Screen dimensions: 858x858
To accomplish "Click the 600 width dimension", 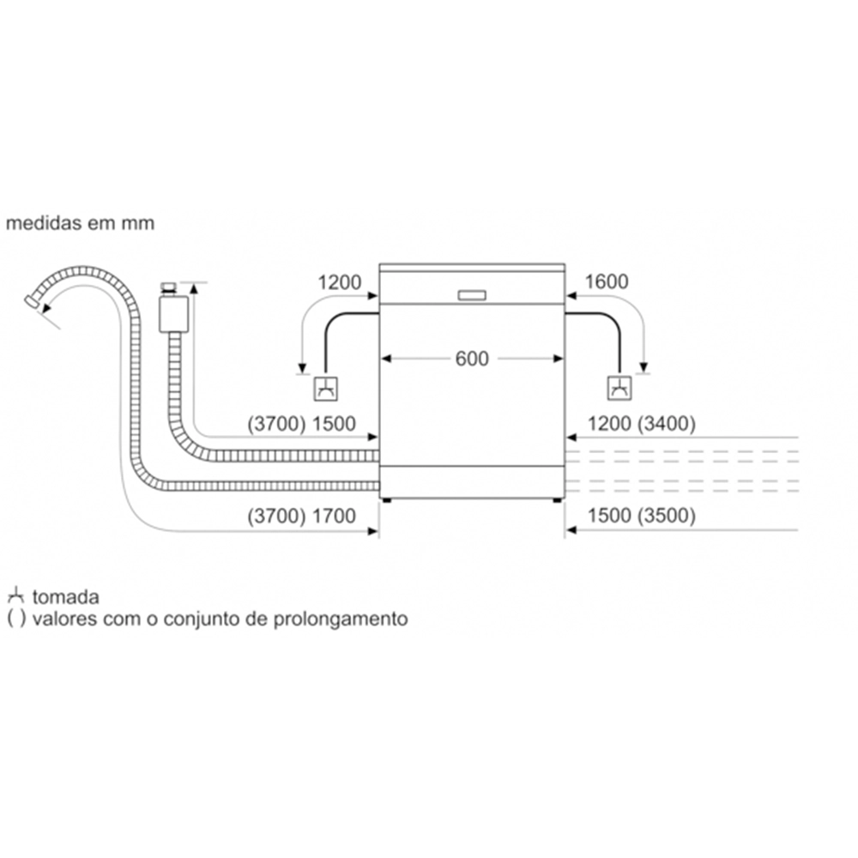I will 471,360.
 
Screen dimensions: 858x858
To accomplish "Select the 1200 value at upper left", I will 340,281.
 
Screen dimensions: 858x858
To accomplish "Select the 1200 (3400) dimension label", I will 640,423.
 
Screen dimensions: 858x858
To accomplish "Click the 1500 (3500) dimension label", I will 640,517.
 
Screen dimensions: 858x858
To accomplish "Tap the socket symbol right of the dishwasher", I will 619,388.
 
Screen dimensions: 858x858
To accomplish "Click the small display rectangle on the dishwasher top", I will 471,294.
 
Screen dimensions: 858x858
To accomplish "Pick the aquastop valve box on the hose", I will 173,314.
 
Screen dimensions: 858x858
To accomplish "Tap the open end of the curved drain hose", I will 32,302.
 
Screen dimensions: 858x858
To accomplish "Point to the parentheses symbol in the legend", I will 15,619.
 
